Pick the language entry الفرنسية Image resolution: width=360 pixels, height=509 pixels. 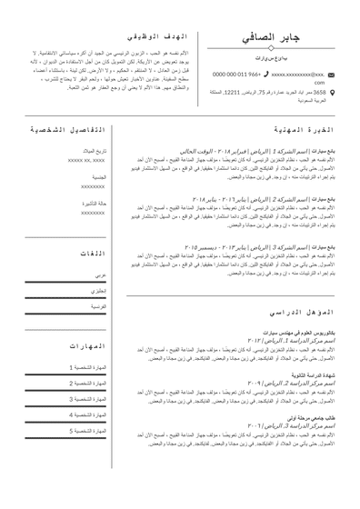coord(97,308)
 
